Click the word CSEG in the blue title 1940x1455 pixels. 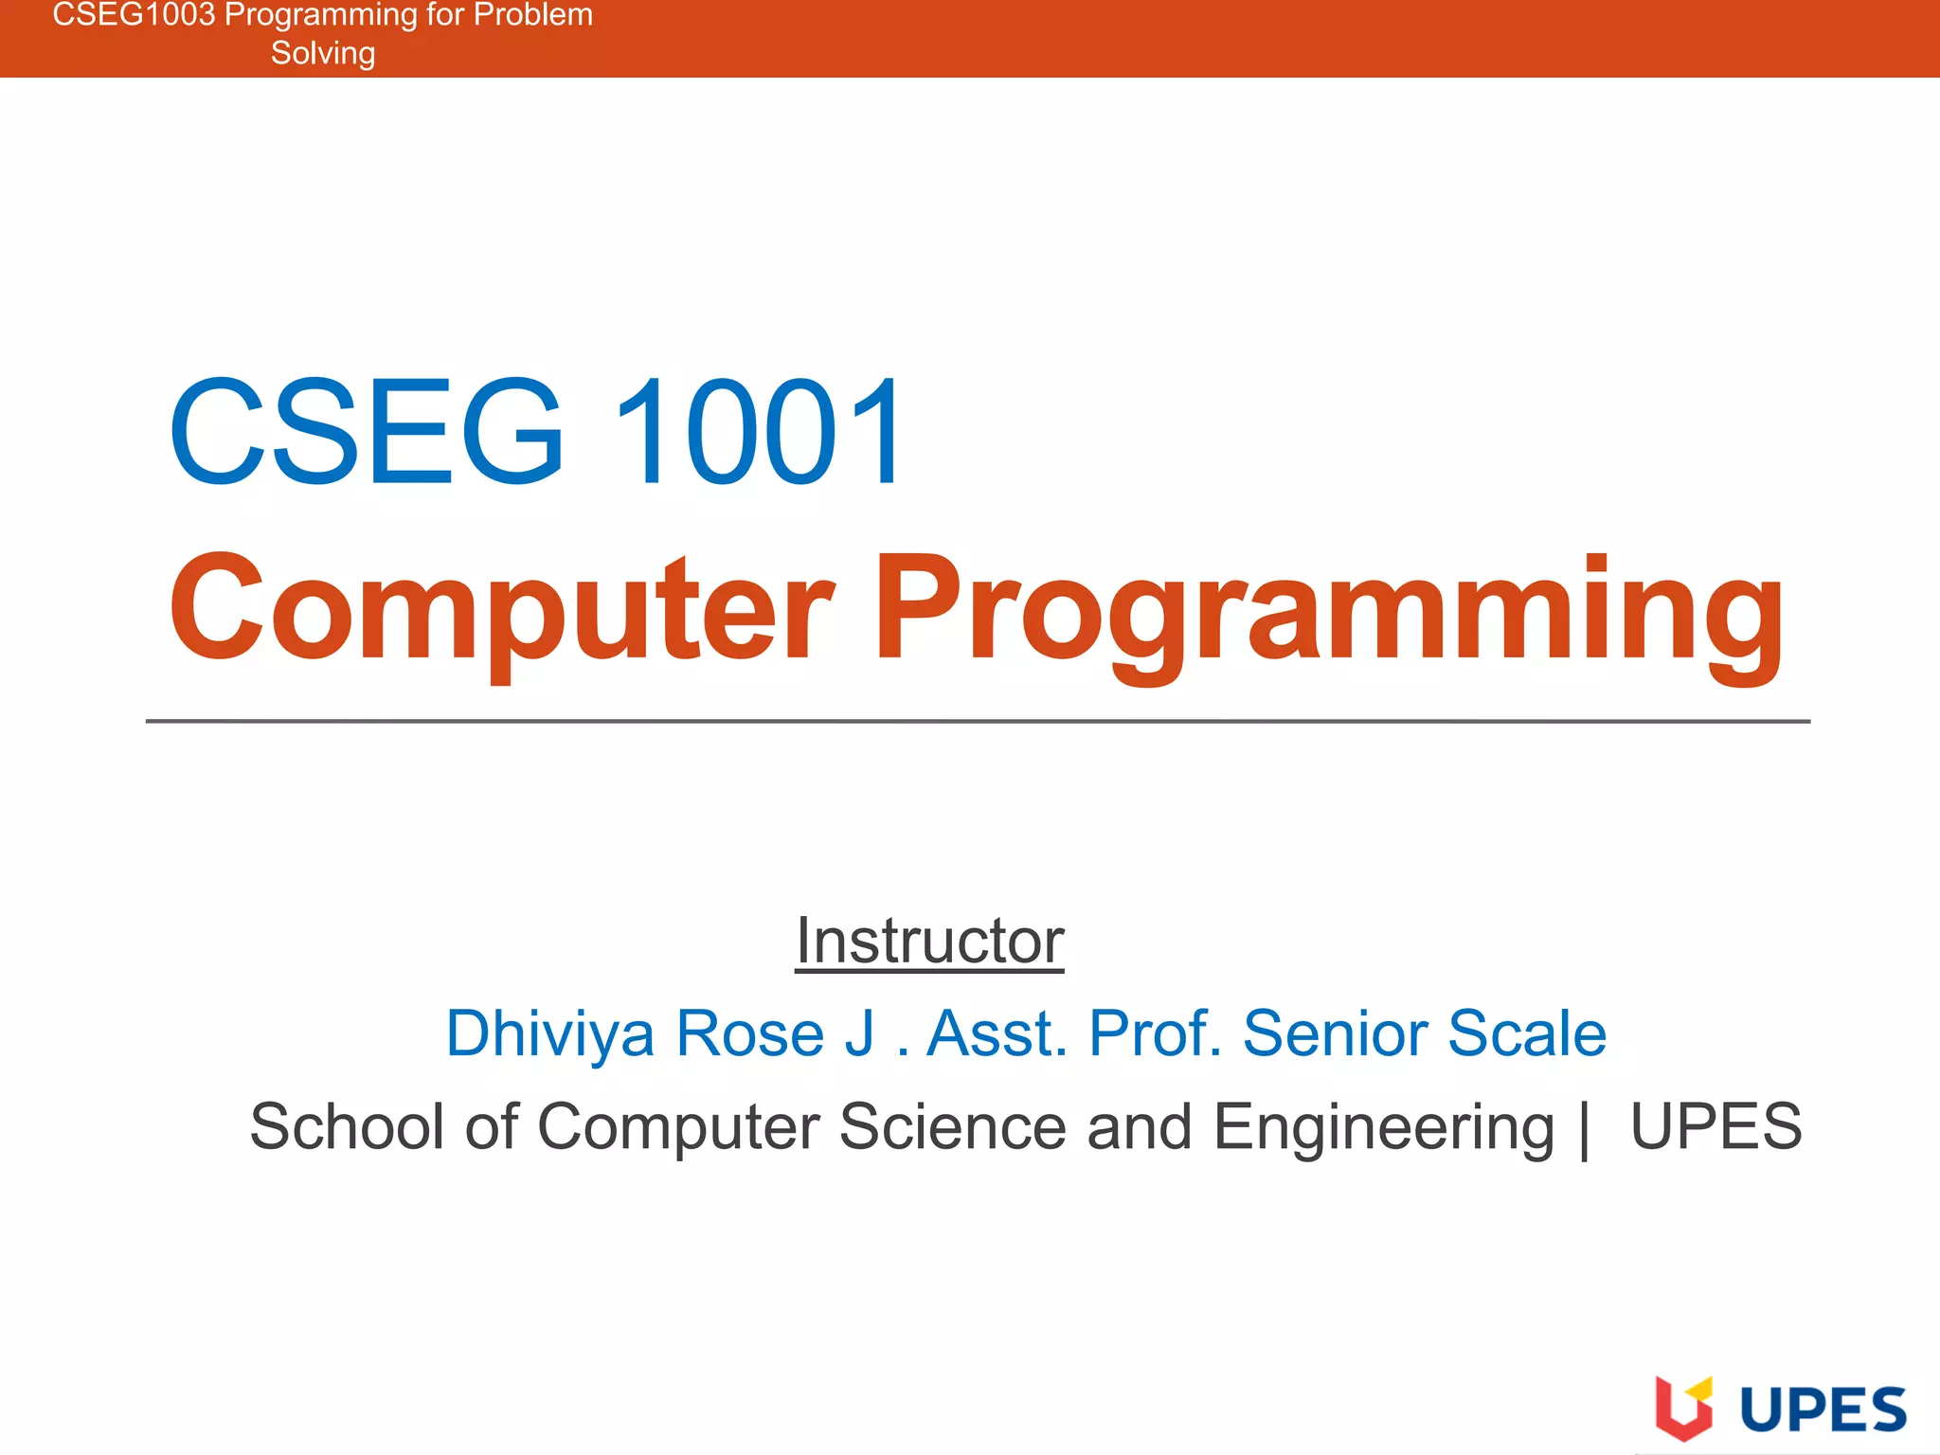[368, 432]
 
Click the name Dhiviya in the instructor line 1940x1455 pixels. [549, 1033]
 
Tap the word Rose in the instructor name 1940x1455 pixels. [749, 1033]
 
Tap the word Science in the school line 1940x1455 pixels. [952, 1126]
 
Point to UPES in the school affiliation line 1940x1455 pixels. [1715, 1126]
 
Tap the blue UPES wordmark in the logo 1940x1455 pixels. [1823, 1410]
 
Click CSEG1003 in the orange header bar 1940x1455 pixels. [134, 15]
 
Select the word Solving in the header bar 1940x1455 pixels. [323, 54]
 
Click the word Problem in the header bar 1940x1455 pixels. [533, 15]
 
